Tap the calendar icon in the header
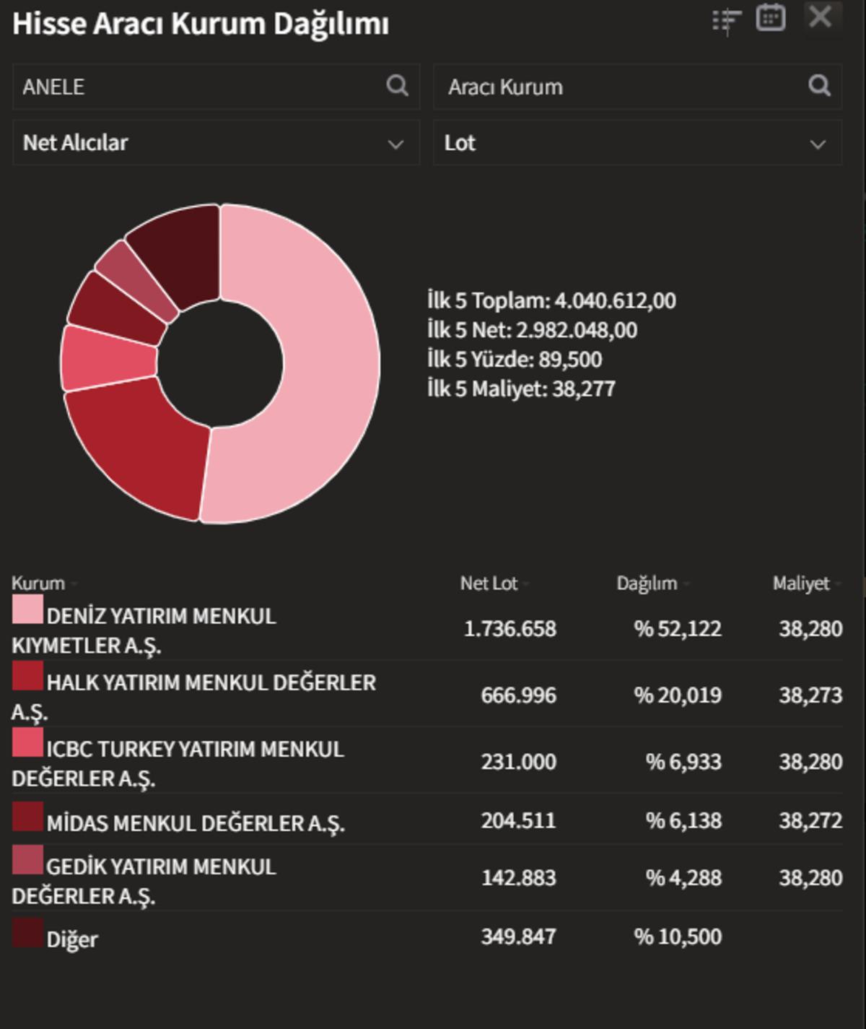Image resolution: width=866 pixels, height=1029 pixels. coord(770,17)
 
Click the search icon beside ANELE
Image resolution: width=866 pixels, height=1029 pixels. coord(397,86)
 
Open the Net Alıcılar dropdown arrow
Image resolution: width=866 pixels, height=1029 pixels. coord(395,144)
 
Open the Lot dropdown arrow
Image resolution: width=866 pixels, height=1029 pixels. coord(818,144)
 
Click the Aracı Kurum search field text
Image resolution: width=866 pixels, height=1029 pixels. coord(505,87)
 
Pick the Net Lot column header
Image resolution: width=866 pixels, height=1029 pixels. coord(489,583)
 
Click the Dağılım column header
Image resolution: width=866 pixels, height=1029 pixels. coord(647,583)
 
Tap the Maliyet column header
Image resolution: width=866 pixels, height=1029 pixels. coord(801,583)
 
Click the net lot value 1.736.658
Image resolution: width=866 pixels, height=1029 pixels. coord(509,629)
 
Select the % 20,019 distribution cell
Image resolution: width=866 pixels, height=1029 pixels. coord(678,695)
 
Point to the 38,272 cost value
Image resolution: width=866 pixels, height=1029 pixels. coord(810,821)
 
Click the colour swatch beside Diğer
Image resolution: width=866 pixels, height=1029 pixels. coord(27,933)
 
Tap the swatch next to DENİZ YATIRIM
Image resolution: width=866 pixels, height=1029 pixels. coord(27,609)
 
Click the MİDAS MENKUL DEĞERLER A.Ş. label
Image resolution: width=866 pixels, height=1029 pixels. coord(196,823)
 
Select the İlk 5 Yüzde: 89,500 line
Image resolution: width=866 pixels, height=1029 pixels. coord(515,360)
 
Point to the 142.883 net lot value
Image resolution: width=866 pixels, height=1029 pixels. coord(518,878)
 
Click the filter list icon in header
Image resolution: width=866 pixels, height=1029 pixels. coord(726,20)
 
